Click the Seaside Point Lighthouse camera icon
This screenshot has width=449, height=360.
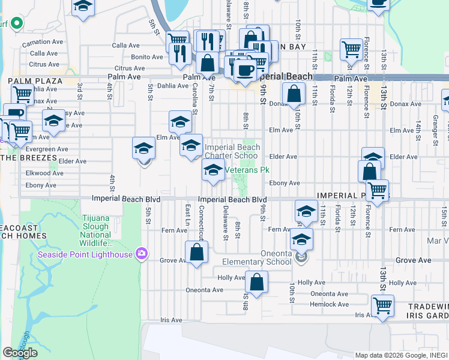(142, 253)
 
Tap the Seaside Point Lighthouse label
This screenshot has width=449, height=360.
(86, 253)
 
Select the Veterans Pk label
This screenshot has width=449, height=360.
(246, 170)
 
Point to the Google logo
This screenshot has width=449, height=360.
(20, 353)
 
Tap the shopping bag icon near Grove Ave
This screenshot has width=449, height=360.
(196, 252)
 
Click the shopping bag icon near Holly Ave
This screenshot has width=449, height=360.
(256, 283)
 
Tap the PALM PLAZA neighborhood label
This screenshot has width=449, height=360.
(27, 80)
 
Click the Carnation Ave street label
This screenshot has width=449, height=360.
(43, 43)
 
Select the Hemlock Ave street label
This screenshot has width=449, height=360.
(330, 304)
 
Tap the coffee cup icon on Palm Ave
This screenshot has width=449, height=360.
(244, 70)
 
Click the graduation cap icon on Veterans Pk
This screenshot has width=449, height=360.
(213, 170)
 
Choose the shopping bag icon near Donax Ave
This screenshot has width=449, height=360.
(294, 94)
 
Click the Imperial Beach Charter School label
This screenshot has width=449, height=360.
(231, 151)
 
